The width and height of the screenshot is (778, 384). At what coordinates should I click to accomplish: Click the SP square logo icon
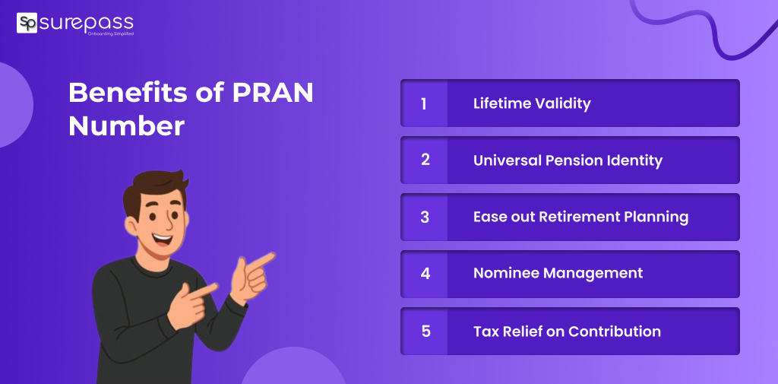pyautogui.click(x=27, y=23)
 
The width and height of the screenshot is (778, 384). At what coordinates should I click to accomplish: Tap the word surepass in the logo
pyautogui.click(x=87, y=23)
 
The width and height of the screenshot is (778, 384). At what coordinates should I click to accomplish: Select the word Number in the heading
pyautogui.click(x=127, y=126)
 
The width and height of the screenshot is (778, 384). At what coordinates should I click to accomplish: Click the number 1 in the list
pyautogui.click(x=423, y=104)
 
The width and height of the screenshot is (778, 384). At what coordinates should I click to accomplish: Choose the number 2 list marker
pyautogui.click(x=425, y=160)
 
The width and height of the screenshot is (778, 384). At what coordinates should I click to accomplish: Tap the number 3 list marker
pyautogui.click(x=425, y=217)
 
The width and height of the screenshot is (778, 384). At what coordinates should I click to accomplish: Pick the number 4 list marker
pyautogui.click(x=425, y=274)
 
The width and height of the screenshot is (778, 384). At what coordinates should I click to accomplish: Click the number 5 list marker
pyautogui.click(x=425, y=331)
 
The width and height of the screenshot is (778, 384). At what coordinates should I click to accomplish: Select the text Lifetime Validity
pyautogui.click(x=531, y=104)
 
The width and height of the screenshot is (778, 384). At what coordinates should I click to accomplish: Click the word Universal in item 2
pyautogui.click(x=505, y=160)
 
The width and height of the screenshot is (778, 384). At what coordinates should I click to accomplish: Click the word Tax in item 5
pyautogui.click(x=485, y=331)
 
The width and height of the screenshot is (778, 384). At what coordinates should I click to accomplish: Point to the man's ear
pyautogui.click(x=131, y=226)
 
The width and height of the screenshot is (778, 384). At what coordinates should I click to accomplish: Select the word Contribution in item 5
pyautogui.click(x=615, y=331)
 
